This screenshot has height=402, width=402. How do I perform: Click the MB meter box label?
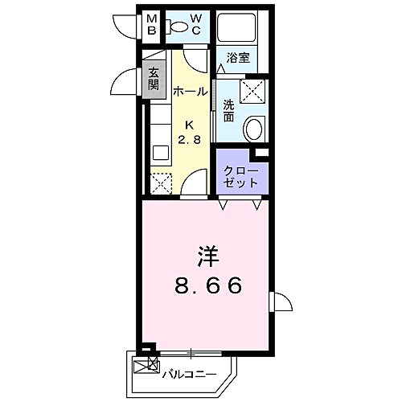[152, 24]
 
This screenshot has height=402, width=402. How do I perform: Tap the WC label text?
[196, 24]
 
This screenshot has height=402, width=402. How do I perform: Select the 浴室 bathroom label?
[238, 57]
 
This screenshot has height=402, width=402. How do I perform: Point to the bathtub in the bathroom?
[236, 27]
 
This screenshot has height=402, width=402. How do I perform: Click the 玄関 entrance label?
[154, 79]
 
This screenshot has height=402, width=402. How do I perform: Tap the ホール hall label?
[191, 92]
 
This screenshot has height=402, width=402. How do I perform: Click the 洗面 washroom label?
[228, 110]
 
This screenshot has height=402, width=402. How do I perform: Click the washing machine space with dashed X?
[252, 91]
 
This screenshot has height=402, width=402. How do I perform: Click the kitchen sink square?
[161, 153]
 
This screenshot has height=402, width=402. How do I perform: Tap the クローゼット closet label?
[240, 177]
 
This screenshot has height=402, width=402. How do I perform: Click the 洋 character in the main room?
[208, 256]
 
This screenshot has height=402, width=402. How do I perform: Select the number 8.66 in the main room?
[208, 285]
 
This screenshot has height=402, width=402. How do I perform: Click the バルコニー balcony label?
[190, 374]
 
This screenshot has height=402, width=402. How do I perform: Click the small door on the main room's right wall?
[281, 301]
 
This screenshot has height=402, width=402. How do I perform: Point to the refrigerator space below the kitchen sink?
[161, 184]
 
